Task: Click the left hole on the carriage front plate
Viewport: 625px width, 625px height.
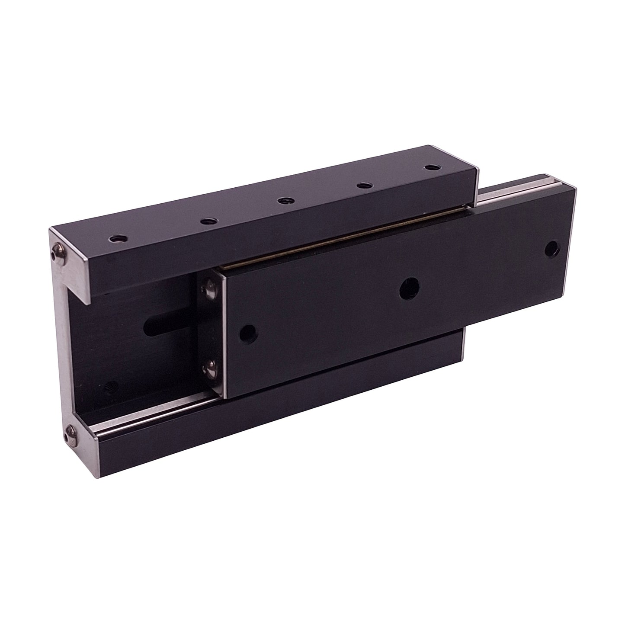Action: pyautogui.click(x=249, y=332)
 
